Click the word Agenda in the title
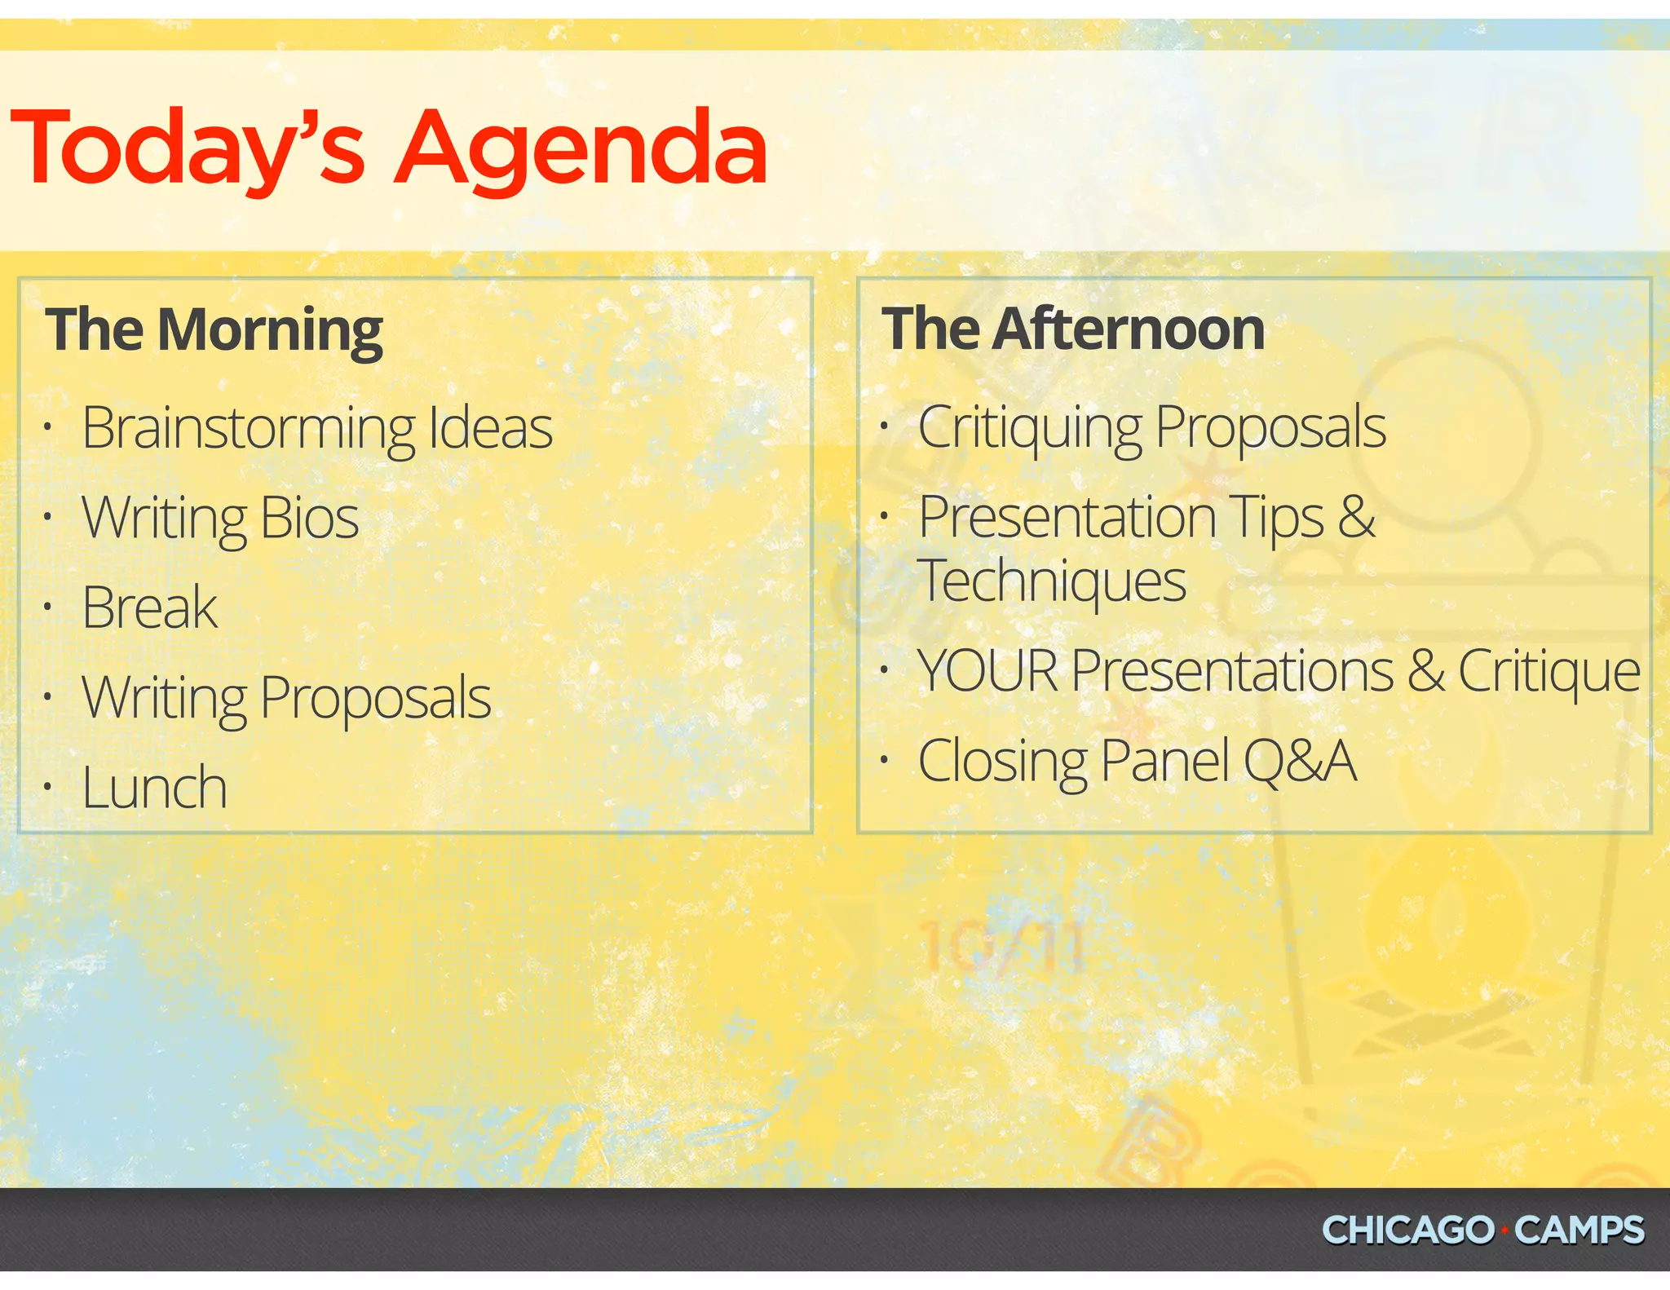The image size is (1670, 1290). [581, 148]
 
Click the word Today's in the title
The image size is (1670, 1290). [188, 148]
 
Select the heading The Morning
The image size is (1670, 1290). [214, 329]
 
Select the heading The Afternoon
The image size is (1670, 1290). [1073, 329]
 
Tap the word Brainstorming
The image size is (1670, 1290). [249, 429]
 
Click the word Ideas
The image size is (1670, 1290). [490, 429]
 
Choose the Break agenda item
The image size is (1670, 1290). [149, 608]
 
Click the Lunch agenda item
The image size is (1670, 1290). [154, 789]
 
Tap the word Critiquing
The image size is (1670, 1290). [1030, 429]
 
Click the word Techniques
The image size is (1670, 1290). [1052, 582]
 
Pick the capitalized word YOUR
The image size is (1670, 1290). [987, 671]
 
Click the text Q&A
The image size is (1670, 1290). [1300, 761]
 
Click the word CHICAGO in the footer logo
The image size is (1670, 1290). [1408, 1230]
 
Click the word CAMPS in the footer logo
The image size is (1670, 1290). [1579, 1230]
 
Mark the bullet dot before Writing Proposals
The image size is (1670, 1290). [48, 697]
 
